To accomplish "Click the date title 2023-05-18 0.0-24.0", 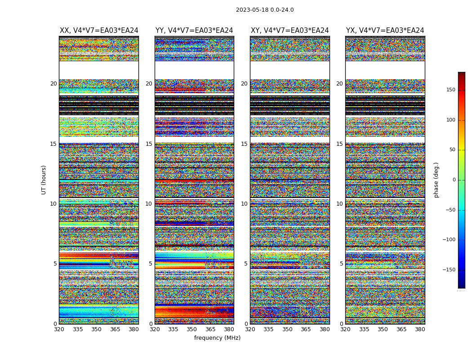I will (265, 10).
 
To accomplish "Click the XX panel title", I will (99, 31).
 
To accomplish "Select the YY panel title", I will (194, 31).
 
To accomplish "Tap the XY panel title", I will (289, 31).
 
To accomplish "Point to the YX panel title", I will (385, 31).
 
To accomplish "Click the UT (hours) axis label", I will (44, 180).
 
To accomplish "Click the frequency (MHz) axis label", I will (217, 338).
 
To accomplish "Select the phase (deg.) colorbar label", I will (436, 180).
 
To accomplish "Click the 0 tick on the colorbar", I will (454, 180).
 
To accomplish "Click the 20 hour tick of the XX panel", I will (53, 84).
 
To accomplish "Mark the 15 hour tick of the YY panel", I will (149, 144).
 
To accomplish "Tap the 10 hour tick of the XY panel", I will (244, 204).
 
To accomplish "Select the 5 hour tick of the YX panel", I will (341, 264).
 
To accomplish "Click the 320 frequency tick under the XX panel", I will (59, 329).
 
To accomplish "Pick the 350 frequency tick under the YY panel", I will (192, 329).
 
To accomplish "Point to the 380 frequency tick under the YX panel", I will (420, 329).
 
